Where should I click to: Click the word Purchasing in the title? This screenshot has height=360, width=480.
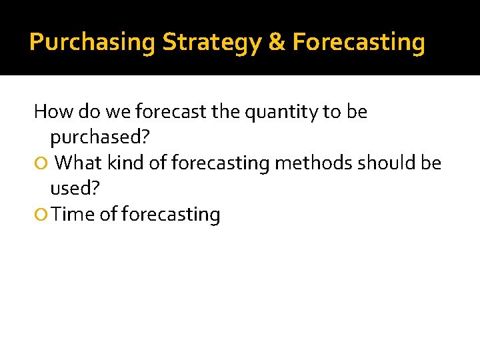[x=93, y=43]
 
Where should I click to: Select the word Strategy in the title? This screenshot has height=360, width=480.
[x=211, y=43]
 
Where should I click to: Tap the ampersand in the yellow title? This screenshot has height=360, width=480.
[x=276, y=43]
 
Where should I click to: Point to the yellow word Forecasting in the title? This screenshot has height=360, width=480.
[x=359, y=43]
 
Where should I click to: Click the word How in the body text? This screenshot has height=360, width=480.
[x=49, y=111]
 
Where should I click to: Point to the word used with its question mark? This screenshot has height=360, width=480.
[x=75, y=189]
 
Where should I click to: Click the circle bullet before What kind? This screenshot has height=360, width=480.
[x=42, y=163]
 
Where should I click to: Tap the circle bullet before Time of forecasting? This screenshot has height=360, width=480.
[x=42, y=215]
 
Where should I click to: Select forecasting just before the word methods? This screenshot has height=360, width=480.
[x=219, y=163]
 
